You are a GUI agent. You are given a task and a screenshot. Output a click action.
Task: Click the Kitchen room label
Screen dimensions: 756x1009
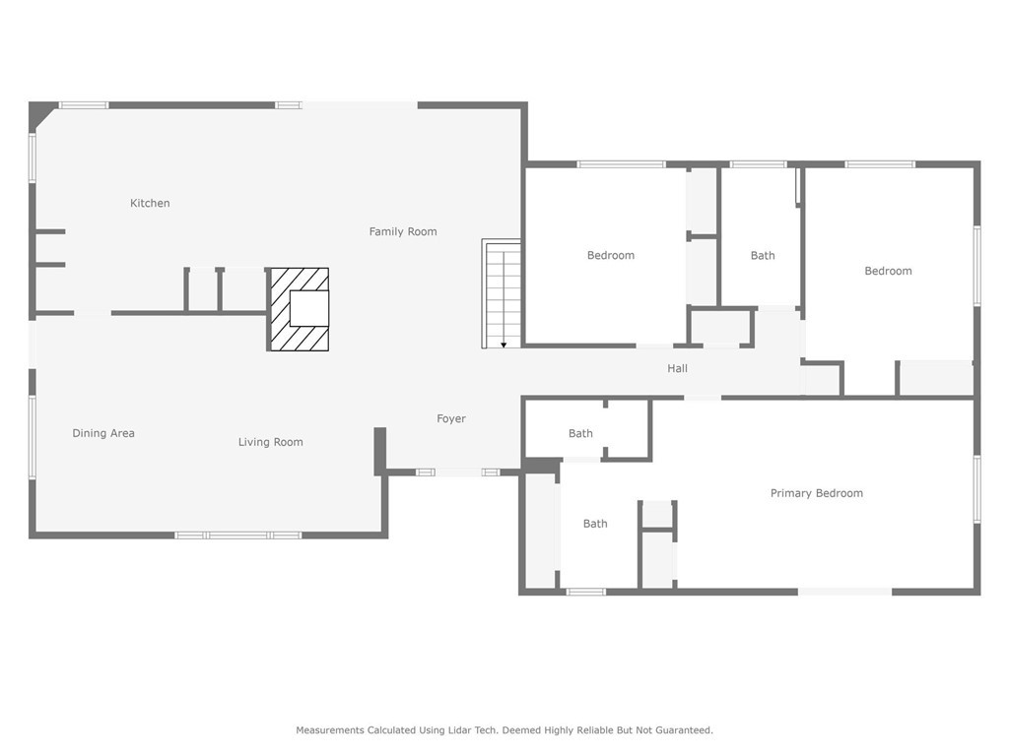[x=150, y=204]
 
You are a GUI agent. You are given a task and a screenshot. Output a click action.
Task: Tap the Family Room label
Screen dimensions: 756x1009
[x=402, y=232]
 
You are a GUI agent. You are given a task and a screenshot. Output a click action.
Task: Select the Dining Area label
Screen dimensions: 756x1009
[x=103, y=433]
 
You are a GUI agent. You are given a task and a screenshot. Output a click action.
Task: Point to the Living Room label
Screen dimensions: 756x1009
[x=270, y=442]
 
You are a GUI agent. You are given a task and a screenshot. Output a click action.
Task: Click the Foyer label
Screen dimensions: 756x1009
[x=451, y=419]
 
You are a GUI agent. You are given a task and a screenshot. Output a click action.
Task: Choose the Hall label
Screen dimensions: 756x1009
[x=677, y=369]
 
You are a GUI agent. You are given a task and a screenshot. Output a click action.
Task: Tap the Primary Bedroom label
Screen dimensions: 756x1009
[x=816, y=493]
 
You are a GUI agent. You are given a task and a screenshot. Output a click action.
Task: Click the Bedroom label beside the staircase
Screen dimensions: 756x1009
[x=610, y=256]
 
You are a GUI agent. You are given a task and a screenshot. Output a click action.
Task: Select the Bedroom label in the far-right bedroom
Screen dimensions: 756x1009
[x=888, y=272]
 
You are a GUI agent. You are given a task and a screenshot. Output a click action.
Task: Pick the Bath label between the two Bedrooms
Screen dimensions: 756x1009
[x=762, y=256]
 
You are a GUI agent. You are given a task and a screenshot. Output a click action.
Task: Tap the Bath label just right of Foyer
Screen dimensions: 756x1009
[x=580, y=434]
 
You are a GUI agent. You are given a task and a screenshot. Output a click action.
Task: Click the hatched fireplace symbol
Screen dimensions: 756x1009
[x=299, y=309]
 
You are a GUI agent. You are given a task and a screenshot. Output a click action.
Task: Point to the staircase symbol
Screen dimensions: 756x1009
[x=502, y=293]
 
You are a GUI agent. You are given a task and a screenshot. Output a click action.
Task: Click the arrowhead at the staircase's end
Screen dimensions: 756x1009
[x=504, y=345]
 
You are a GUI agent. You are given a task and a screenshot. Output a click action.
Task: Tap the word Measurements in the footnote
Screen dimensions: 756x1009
[x=330, y=730]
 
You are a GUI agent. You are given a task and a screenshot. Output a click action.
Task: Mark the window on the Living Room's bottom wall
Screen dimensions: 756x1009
[x=238, y=535]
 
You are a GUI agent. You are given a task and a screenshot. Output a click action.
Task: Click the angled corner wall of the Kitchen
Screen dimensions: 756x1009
[x=43, y=115]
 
